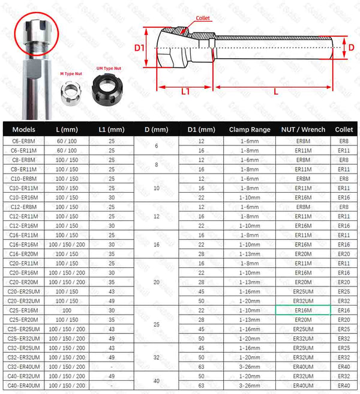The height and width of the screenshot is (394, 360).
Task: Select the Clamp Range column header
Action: click(249, 129)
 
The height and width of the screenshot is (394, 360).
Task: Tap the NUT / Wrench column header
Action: click(303, 129)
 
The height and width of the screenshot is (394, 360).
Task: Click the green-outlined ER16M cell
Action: click(302, 310)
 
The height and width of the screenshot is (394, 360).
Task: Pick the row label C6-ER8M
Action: click(24, 141)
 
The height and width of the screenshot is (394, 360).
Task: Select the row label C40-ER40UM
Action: click(24, 384)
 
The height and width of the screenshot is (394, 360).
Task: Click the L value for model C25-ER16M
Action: click(66, 310)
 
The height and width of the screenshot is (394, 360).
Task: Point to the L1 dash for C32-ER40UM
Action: click(112, 366)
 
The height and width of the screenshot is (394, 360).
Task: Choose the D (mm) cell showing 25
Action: click(157, 324)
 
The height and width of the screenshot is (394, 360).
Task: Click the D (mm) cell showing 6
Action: click(157, 145)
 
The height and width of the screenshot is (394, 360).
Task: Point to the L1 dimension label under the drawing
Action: click(185, 91)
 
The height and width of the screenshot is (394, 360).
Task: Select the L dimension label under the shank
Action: click(275, 91)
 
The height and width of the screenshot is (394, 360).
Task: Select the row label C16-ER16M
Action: click(24, 244)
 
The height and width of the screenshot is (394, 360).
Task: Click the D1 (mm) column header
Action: click(200, 129)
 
